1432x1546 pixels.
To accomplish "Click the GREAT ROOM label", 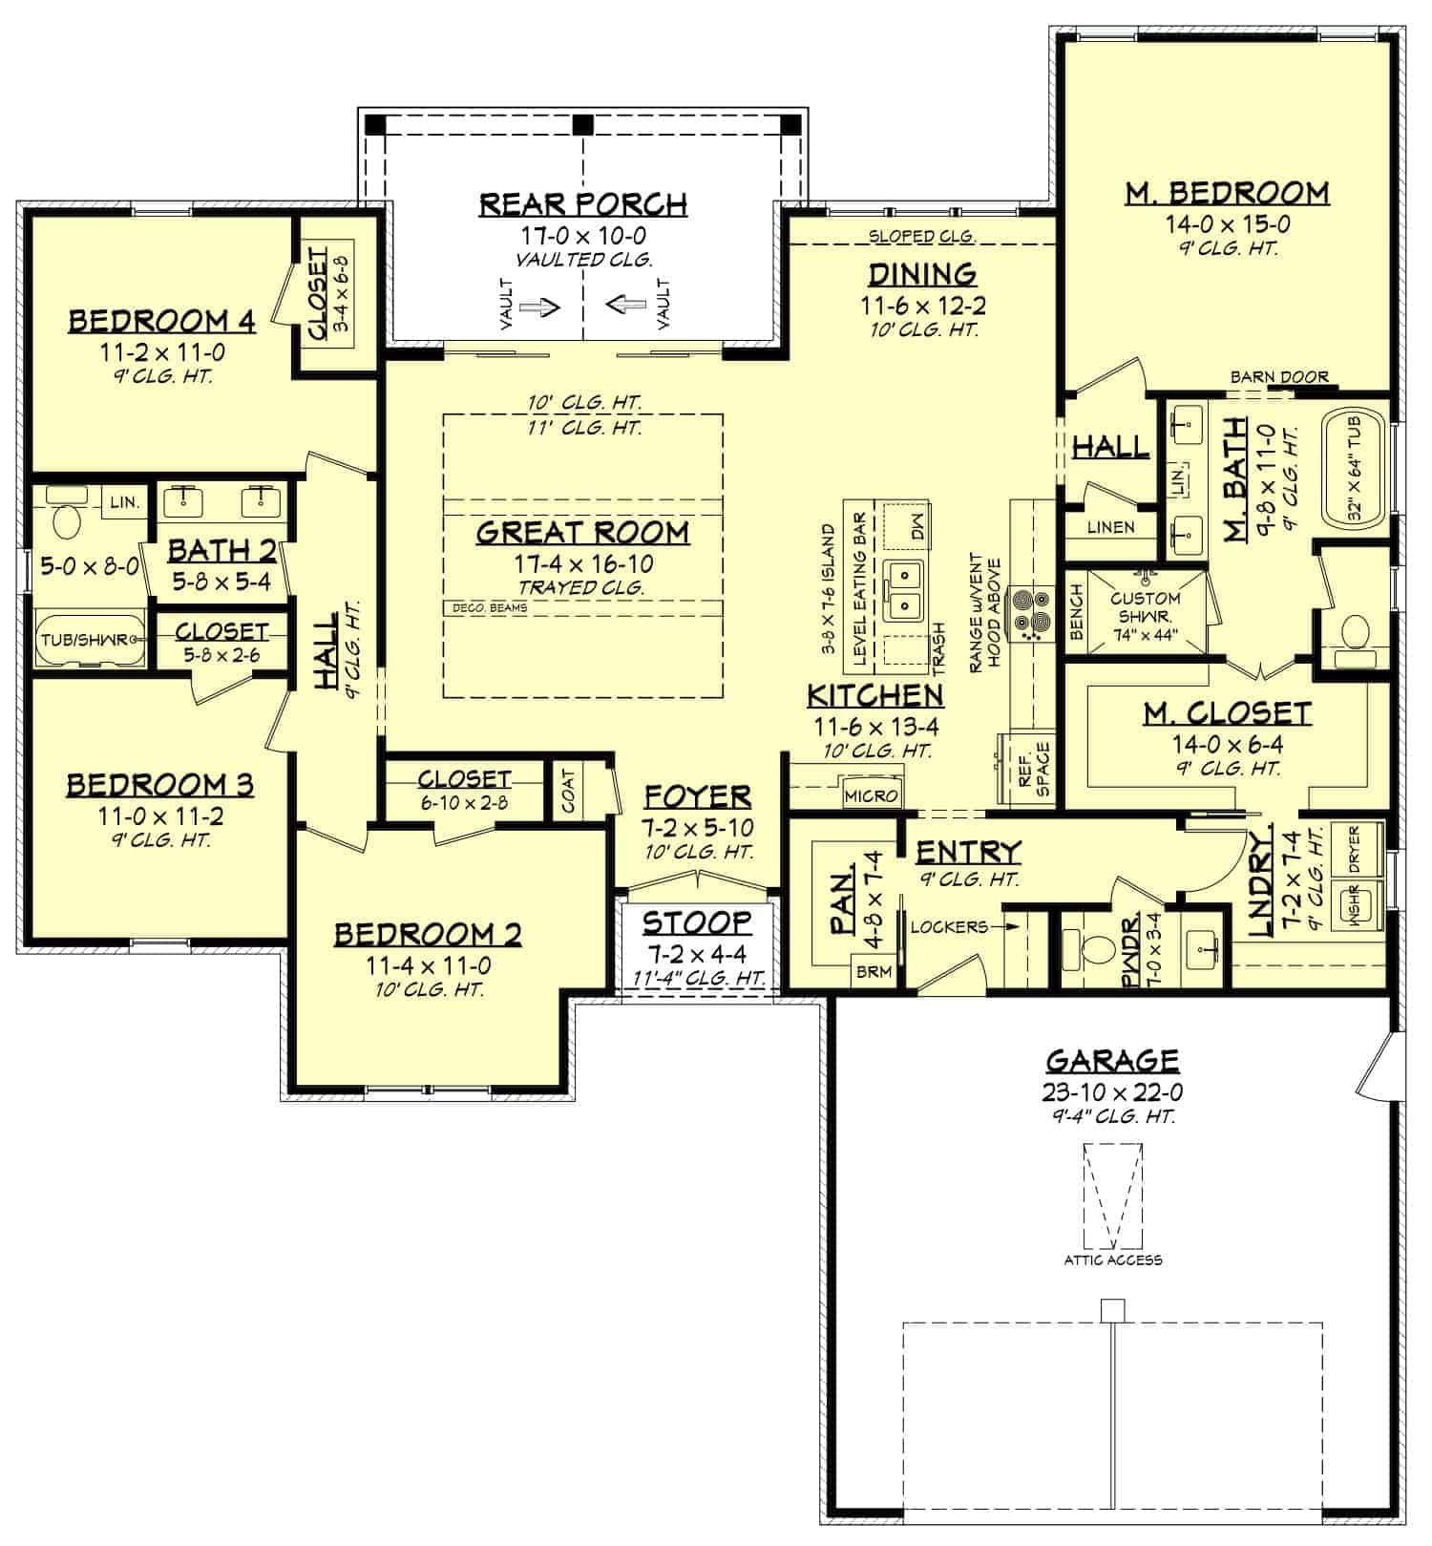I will click(582, 532).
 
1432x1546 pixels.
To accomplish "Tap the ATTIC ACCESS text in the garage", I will click(1113, 1260).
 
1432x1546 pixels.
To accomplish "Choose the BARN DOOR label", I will click(1279, 377).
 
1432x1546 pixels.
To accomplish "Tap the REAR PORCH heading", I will click(582, 204).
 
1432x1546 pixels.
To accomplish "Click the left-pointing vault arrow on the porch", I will click(626, 306).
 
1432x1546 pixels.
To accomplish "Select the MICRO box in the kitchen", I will click(871, 795).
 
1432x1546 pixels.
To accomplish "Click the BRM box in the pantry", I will click(874, 972).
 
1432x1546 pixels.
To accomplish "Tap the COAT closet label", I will click(569, 791).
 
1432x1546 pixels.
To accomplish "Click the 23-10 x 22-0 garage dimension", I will click(1113, 1091).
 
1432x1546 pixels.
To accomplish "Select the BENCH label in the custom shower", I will click(1077, 612).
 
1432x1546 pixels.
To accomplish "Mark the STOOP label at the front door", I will click(696, 922).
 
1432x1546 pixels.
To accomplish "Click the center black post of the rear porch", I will click(582, 124).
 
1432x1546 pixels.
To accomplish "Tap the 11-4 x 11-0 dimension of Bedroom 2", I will click(429, 966).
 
